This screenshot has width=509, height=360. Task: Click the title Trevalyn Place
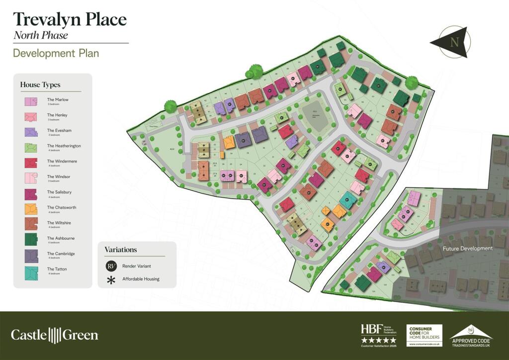(70, 19)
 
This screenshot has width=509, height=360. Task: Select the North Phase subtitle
(40, 35)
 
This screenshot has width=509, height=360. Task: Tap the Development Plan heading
(56, 53)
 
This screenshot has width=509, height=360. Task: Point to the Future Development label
(468, 248)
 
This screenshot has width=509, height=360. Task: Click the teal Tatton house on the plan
(348, 200)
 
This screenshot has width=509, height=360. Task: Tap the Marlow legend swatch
(31, 102)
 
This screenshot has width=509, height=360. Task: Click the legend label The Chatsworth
(62, 207)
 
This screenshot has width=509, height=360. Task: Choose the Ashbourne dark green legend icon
(31, 240)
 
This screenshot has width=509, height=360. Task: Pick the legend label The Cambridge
(61, 254)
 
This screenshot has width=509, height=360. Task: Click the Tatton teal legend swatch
(31, 271)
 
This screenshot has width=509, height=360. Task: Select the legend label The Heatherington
(64, 146)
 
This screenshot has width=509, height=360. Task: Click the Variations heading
(120, 250)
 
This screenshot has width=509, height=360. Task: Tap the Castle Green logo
(55, 335)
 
